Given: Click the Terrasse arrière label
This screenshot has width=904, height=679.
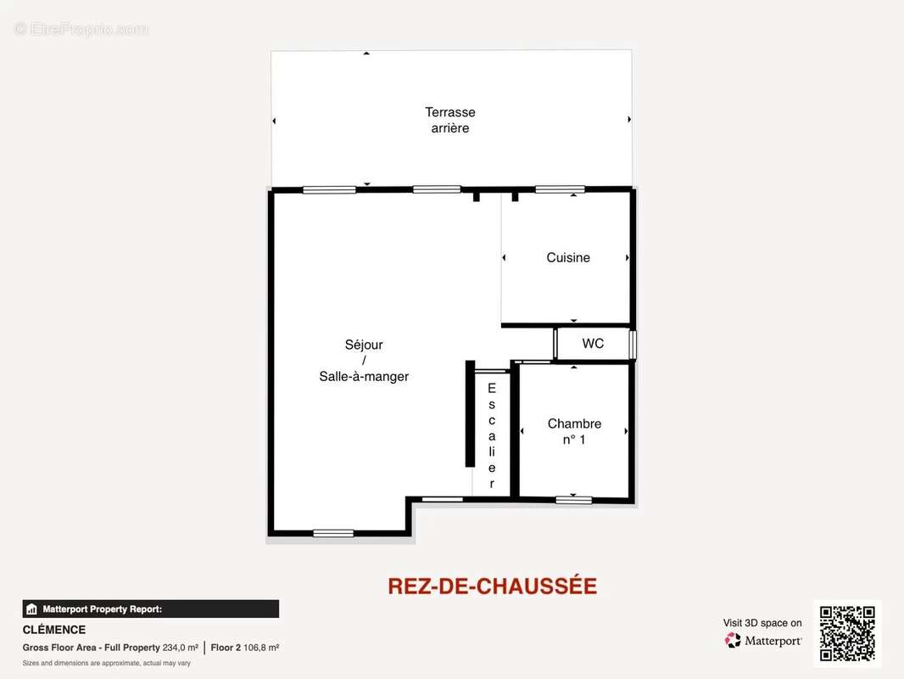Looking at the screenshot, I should click(449, 120).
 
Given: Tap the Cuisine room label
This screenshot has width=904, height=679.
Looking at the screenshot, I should click(568, 258).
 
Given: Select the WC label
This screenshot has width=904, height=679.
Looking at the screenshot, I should click(593, 344).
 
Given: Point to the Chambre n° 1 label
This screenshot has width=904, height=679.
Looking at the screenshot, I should click(574, 431).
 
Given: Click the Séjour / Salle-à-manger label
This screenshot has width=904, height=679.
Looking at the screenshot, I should click(364, 361).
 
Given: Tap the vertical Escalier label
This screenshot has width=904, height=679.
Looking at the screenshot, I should click(492, 435).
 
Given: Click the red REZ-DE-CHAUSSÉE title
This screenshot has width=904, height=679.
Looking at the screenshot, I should click(492, 586).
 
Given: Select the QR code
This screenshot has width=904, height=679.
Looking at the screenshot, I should click(847, 633).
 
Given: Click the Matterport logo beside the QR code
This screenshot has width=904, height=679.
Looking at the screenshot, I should click(763, 641).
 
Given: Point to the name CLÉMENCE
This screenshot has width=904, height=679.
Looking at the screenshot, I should click(54, 630).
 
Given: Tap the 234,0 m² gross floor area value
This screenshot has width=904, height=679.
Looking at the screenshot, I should click(180, 648).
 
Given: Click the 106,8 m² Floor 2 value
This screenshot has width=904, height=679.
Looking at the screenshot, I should click(262, 648).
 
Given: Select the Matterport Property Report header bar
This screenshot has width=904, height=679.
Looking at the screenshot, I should click(150, 609).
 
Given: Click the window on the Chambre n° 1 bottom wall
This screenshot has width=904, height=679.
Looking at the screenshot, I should click(574, 500).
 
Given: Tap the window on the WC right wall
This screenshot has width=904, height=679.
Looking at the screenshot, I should click(633, 345).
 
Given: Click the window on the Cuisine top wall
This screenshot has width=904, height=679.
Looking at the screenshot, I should click(560, 189).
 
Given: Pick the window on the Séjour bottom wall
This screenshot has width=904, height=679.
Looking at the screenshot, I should click(333, 533).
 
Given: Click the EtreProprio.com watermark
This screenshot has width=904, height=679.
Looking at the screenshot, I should click(81, 29).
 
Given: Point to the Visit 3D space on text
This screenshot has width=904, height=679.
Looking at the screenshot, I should click(762, 623).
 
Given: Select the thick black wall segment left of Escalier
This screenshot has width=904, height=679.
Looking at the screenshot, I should click(470, 413).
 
